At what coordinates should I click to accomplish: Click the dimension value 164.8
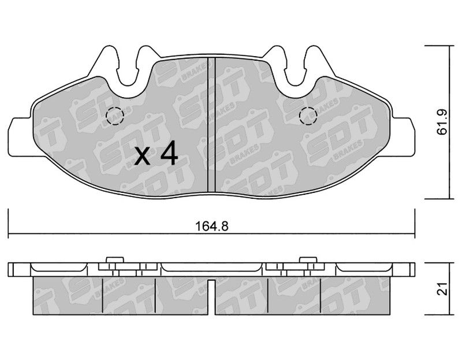(x=212, y=226)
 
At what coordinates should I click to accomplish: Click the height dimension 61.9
(x=442, y=122)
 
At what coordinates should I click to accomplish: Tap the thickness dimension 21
(x=442, y=289)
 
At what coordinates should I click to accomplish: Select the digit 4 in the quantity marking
(x=169, y=153)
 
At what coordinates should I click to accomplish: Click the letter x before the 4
(x=142, y=156)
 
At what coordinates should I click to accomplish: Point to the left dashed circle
(x=115, y=116)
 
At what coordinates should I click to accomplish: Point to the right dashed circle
(x=308, y=116)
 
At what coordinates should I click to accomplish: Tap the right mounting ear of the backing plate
(x=403, y=136)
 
